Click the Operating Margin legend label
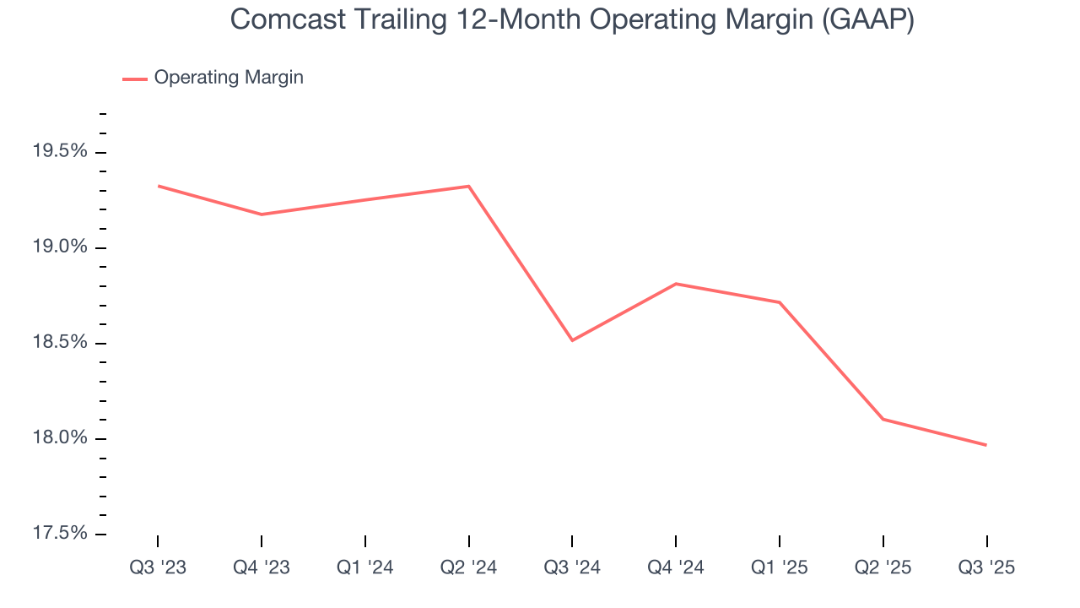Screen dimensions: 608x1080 click(229, 78)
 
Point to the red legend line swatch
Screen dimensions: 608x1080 click(135, 79)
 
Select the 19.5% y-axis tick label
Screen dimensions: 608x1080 click(59, 152)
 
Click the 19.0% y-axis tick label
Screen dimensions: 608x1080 click(59, 247)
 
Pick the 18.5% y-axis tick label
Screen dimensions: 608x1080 click(59, 343)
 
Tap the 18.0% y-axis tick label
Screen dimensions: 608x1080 click(59, 438)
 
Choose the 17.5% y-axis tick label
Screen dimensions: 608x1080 click(59, 534)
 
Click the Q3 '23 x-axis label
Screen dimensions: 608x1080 click(158, 567)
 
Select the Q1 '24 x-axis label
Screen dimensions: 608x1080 click(365, 567)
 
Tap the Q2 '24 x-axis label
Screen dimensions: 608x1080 click(469, 567)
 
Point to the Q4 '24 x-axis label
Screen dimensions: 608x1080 click(676, 567)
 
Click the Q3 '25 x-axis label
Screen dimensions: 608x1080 click(986, 567)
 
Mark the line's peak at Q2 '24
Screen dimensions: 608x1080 click(469, 186)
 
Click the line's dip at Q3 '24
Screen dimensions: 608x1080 click(572, 340)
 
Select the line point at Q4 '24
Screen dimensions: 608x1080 click(676, 284)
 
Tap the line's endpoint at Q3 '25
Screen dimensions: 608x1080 click(986, 445)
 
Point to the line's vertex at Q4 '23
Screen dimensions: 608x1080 click(262, 214)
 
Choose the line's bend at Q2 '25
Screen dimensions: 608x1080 click(883, 419)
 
